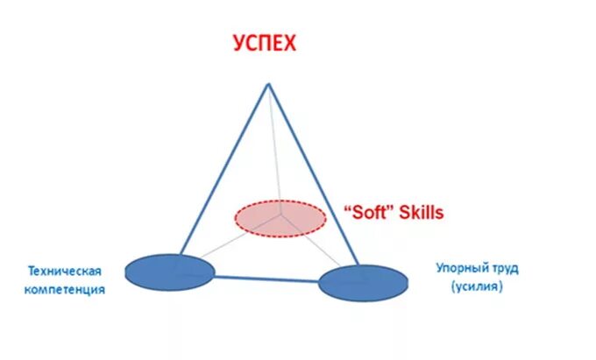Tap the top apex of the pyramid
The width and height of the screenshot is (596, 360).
click(x=268, y=84)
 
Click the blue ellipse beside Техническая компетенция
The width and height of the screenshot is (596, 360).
click(x=169, y=272)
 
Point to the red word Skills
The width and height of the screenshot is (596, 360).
click(x=419, y=212)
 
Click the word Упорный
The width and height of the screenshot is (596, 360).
click(x=462, y=268)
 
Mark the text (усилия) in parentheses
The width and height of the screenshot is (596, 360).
click(x=478, y=286)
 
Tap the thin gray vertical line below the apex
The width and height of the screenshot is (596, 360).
click(x=273, y=149)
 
